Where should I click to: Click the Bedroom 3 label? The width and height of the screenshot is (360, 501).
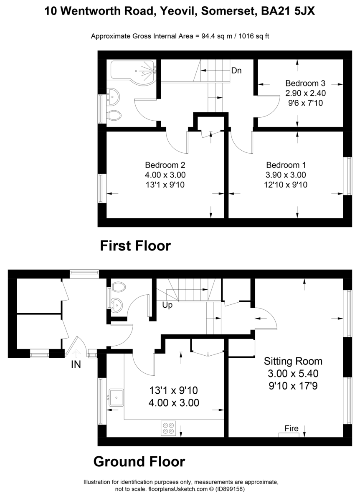click(305, 83)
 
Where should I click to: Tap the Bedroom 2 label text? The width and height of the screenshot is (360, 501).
click(165, 165)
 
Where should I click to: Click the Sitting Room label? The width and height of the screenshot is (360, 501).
click(293, 361)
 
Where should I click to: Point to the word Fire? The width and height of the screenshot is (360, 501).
click(291, 428)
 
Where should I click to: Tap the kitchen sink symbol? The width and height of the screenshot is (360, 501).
click(116, 397)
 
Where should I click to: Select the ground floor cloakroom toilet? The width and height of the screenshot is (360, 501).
click(119, 287)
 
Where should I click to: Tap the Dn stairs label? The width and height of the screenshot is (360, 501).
click(236, 71)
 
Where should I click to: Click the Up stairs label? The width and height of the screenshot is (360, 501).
click(168, 304)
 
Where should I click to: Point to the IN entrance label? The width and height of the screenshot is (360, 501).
click(76, 364)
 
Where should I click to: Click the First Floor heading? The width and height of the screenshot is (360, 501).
click(135, 245)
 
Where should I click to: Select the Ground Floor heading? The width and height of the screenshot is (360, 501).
click(139, 461)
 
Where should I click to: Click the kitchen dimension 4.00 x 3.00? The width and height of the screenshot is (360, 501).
click(173, 403)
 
